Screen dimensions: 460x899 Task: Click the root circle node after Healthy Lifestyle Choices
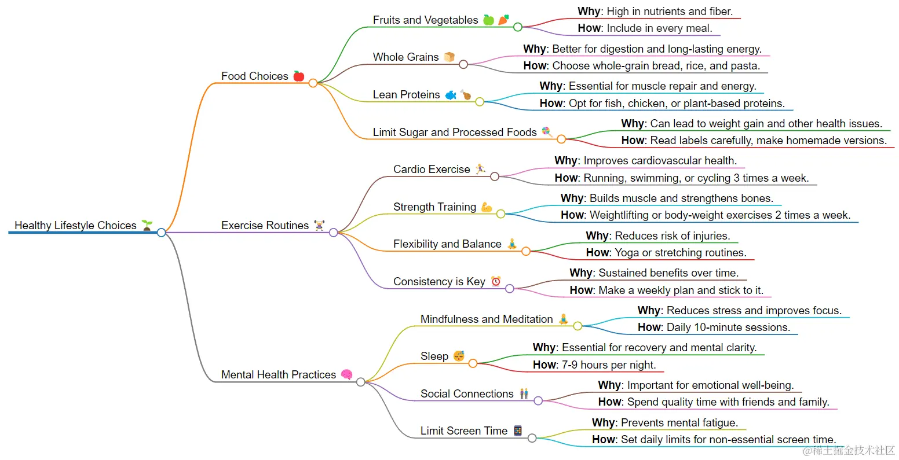(161, 233)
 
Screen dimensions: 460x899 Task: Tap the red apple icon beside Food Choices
(299, 76)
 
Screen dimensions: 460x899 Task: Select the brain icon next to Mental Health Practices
(346, 374)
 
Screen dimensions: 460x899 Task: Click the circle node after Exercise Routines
(333, 233)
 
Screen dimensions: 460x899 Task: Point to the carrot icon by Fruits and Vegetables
(503, 20)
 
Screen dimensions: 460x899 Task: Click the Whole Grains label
(405, 57)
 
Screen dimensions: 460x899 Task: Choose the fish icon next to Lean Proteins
(451, 95)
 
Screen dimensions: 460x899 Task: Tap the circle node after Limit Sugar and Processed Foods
(561, 139)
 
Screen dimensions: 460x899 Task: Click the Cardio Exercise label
(432, 169)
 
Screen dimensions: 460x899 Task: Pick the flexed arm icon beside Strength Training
(487, 207)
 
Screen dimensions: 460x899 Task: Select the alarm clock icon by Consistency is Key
(496, 281)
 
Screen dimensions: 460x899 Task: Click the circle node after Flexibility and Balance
(525, 251)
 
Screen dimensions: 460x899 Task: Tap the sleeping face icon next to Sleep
(459, 356)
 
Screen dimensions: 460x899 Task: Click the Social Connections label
(467, 393)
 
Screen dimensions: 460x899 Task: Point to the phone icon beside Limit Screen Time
(518, 430)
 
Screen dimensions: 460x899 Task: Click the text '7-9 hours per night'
(608, 365)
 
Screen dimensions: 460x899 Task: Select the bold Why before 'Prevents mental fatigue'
(603, 422)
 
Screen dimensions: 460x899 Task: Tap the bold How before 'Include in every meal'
(589, 28)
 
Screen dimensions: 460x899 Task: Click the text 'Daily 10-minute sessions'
(728, 327)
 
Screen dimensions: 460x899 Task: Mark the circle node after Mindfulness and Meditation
(578, 326)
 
